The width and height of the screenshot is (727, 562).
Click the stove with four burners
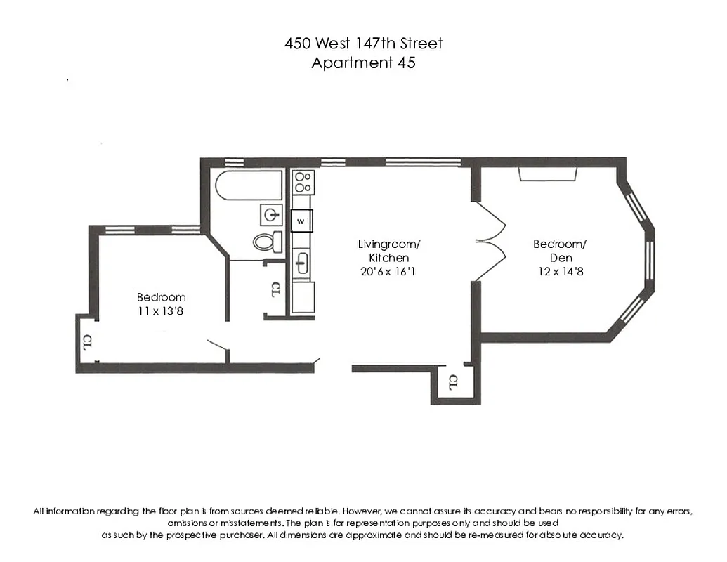coord(302,182)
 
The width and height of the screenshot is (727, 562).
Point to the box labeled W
coord(301,221)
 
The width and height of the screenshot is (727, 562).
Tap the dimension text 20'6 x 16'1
coord(388,272)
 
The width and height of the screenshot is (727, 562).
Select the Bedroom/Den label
coord(559,251)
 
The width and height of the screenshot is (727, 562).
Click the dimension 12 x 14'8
coord(559,272)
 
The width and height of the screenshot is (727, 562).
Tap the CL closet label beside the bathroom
coord(276,289)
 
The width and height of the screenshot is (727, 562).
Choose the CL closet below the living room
coord(453,383)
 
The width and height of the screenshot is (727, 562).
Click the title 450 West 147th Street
coord(363,43)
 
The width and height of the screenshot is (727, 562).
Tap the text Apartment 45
coord(363,63)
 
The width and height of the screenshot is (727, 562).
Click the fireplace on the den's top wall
coord(548,174)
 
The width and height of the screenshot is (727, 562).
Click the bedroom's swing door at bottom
coord(217,347)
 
